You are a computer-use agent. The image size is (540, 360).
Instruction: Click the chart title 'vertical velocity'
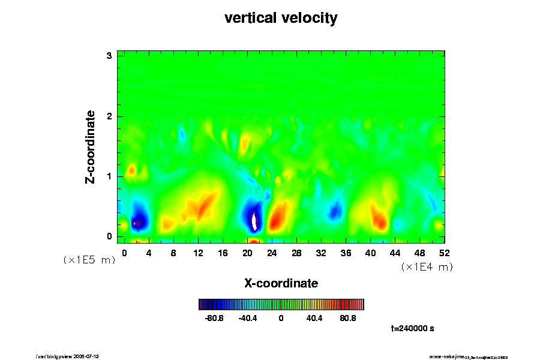(281, 18)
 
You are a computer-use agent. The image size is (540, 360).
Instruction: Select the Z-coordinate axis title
(91, 146)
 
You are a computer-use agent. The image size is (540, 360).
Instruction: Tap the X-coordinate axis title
(281, 283)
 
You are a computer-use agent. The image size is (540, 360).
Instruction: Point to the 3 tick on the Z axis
(110, 56)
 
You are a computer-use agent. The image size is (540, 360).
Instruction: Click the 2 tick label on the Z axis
(110, 116)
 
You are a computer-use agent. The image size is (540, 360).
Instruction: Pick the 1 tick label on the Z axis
(110, 176)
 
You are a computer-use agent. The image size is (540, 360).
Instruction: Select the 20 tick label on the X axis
(247, 253)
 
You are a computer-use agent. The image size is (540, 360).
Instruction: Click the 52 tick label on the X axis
(445, 253)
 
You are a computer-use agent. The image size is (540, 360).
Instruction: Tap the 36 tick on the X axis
(346, 253)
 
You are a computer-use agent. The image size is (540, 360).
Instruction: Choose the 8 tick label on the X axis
(173, 253)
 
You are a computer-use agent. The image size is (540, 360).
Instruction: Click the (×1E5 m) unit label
(89, 260)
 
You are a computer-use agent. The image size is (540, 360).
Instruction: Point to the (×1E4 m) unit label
(427, 267)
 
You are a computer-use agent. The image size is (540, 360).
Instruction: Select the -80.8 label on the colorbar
(214, 318)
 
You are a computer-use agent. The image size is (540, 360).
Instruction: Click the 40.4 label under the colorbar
(314, 318)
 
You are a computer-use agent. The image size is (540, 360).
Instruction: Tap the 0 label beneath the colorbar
(281, 318)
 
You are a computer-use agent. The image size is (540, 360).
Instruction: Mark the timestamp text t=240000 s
(412, 329)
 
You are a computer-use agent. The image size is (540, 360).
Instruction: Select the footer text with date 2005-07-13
(72, 356)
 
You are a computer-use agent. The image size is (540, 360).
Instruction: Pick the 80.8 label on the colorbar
(347, 318)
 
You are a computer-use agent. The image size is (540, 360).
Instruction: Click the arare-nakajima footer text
(468, 356)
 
